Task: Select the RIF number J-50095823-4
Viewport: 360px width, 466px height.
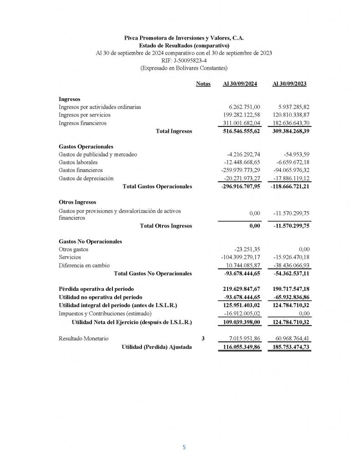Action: [x=184, y=61]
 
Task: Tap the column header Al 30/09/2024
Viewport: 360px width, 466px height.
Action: [x=240, y=84]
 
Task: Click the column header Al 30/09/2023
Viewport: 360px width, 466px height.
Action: [x=289, y=84]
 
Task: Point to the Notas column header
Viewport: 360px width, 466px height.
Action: [x=203, y=84]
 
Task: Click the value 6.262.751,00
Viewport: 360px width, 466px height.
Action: [x=244, y=107]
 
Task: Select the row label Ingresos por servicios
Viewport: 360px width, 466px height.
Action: [x=85, y=115]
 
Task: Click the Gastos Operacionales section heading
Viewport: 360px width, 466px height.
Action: [x=86, y=147]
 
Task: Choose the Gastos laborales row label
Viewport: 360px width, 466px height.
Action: [x=78, y=162]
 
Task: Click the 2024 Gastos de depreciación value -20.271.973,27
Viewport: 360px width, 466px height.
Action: [x=242, y=178]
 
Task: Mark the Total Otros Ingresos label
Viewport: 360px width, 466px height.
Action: [x=166, y=226]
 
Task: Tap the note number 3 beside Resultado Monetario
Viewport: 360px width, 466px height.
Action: [x=203, y=339]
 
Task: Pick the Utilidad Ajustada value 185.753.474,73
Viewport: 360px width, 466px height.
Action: [x=288, y=347]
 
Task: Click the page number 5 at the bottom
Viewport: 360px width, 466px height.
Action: [x=184, y=447]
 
